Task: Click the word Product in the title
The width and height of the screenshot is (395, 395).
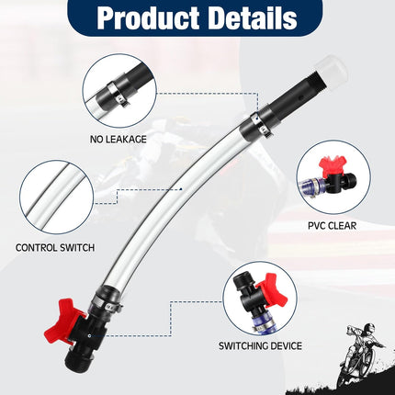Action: point(148,17)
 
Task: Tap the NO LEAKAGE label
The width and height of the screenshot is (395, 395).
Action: point(118,140)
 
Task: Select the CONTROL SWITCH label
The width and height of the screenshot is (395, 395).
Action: point(55,247)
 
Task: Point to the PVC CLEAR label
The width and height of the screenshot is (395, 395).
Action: point(333,226)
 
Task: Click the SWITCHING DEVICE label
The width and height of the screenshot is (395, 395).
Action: point(260,346)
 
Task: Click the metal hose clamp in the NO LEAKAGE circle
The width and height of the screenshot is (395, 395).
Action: point(117,95)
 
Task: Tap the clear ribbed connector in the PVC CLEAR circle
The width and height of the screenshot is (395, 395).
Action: point(311,186)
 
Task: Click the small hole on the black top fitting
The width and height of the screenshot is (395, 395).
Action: point(300,98)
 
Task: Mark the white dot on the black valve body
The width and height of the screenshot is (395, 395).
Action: point(89,335)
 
